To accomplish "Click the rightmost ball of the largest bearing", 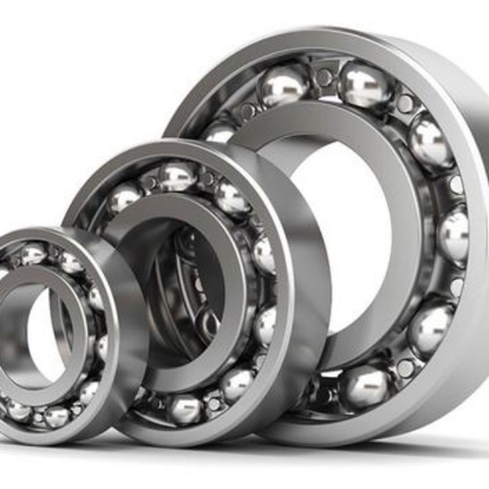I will [453, 235].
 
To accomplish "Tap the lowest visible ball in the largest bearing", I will [365, 386].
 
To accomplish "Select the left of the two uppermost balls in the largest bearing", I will [285, 85].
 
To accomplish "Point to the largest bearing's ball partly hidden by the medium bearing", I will [221, 130].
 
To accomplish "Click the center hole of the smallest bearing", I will [44, 333].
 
